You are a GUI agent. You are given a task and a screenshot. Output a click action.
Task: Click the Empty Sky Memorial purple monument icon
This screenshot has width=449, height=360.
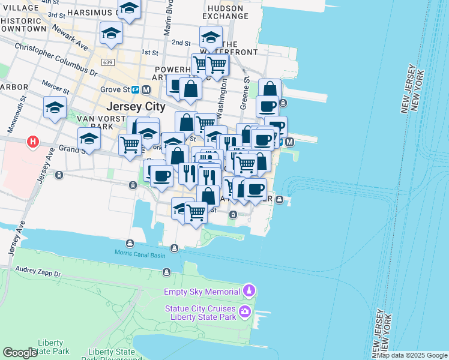pos(249,292)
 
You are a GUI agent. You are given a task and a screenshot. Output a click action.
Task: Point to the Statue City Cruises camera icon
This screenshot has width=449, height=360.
pos(245,311)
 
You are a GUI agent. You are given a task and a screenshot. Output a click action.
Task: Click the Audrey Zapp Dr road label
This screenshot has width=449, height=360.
pos(37,274)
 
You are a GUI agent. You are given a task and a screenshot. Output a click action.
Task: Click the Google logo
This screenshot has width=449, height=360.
pos(20,353)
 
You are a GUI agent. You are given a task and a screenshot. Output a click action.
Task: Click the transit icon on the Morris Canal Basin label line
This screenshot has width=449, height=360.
pos(174,248)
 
